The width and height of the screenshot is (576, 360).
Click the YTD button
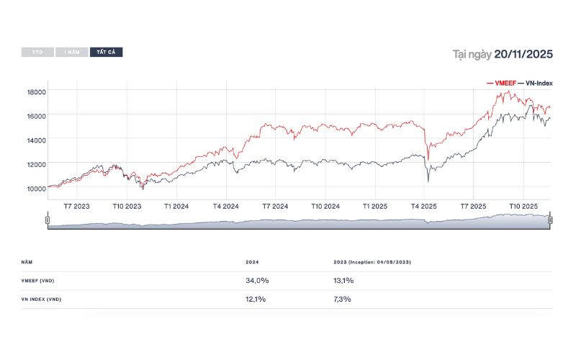[x=37, y=53]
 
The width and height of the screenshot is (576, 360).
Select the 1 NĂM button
[x=72, y=53]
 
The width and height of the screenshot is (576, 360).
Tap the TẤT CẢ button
[x=106, y=53]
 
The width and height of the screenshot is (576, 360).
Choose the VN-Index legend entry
[x=535, y=84]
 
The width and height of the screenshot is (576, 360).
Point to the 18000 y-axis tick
[x=37, y=92]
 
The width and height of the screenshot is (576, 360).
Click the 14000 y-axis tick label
[x=37, y=140]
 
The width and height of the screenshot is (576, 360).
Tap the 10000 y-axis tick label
[x=37, y=188]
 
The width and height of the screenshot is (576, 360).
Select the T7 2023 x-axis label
[x=77, y=206]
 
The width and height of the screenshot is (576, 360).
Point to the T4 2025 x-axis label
[x=424, y=206]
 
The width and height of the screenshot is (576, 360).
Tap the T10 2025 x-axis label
[x=523, y=206]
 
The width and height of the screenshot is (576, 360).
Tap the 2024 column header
[x=251, y=262]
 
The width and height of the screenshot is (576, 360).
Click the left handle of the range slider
[x=48, y=220]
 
